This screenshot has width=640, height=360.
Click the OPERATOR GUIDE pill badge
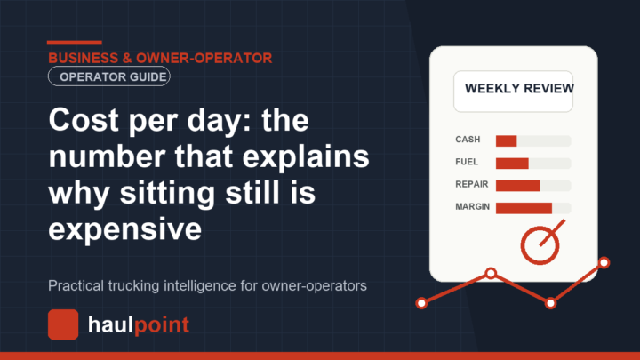tap(109, 76)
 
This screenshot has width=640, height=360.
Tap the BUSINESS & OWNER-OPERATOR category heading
tap(160, 58)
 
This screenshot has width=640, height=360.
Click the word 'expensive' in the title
tap(125, 229)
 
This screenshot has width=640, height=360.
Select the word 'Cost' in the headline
tap(84, 120)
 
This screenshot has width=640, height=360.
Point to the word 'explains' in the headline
tap(306, 156)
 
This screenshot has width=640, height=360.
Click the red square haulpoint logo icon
tap(63, 324)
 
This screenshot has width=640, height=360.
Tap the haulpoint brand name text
tap(139, 325)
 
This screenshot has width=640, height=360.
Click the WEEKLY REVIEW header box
tap(513, 92)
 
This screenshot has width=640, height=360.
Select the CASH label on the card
tap(468, 140)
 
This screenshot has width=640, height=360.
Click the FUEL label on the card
tap(467, 162)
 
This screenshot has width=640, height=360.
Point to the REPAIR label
tap(472, 185)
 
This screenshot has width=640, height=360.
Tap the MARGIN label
tap(473, 207)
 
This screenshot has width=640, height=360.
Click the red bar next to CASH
tap(506, 140)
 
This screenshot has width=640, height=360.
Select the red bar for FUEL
tap(512, 164)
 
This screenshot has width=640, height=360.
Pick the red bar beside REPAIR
tap(518, 186)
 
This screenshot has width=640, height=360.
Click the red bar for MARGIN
tap(524, 208)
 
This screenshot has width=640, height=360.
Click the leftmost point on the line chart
tap(421, 303)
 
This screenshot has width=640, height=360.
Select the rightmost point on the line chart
tap(604, 262)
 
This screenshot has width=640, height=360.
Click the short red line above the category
tap(75, 43)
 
